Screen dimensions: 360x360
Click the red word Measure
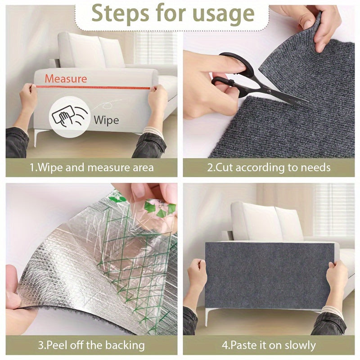coord(66,78)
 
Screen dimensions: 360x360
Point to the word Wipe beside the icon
coord(106,120)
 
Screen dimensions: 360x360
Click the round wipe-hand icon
coord(69,117)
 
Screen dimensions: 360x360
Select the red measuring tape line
coord(93,87)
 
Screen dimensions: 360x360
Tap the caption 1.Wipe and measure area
coord(92,167)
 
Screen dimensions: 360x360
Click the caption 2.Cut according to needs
coord(269,167)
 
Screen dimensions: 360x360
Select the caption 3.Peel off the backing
coord(91,345)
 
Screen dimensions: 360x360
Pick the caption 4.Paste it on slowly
coord(269,345)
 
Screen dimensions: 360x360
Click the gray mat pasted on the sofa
coord(269,276)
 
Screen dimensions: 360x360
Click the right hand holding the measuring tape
coord(157,96)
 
